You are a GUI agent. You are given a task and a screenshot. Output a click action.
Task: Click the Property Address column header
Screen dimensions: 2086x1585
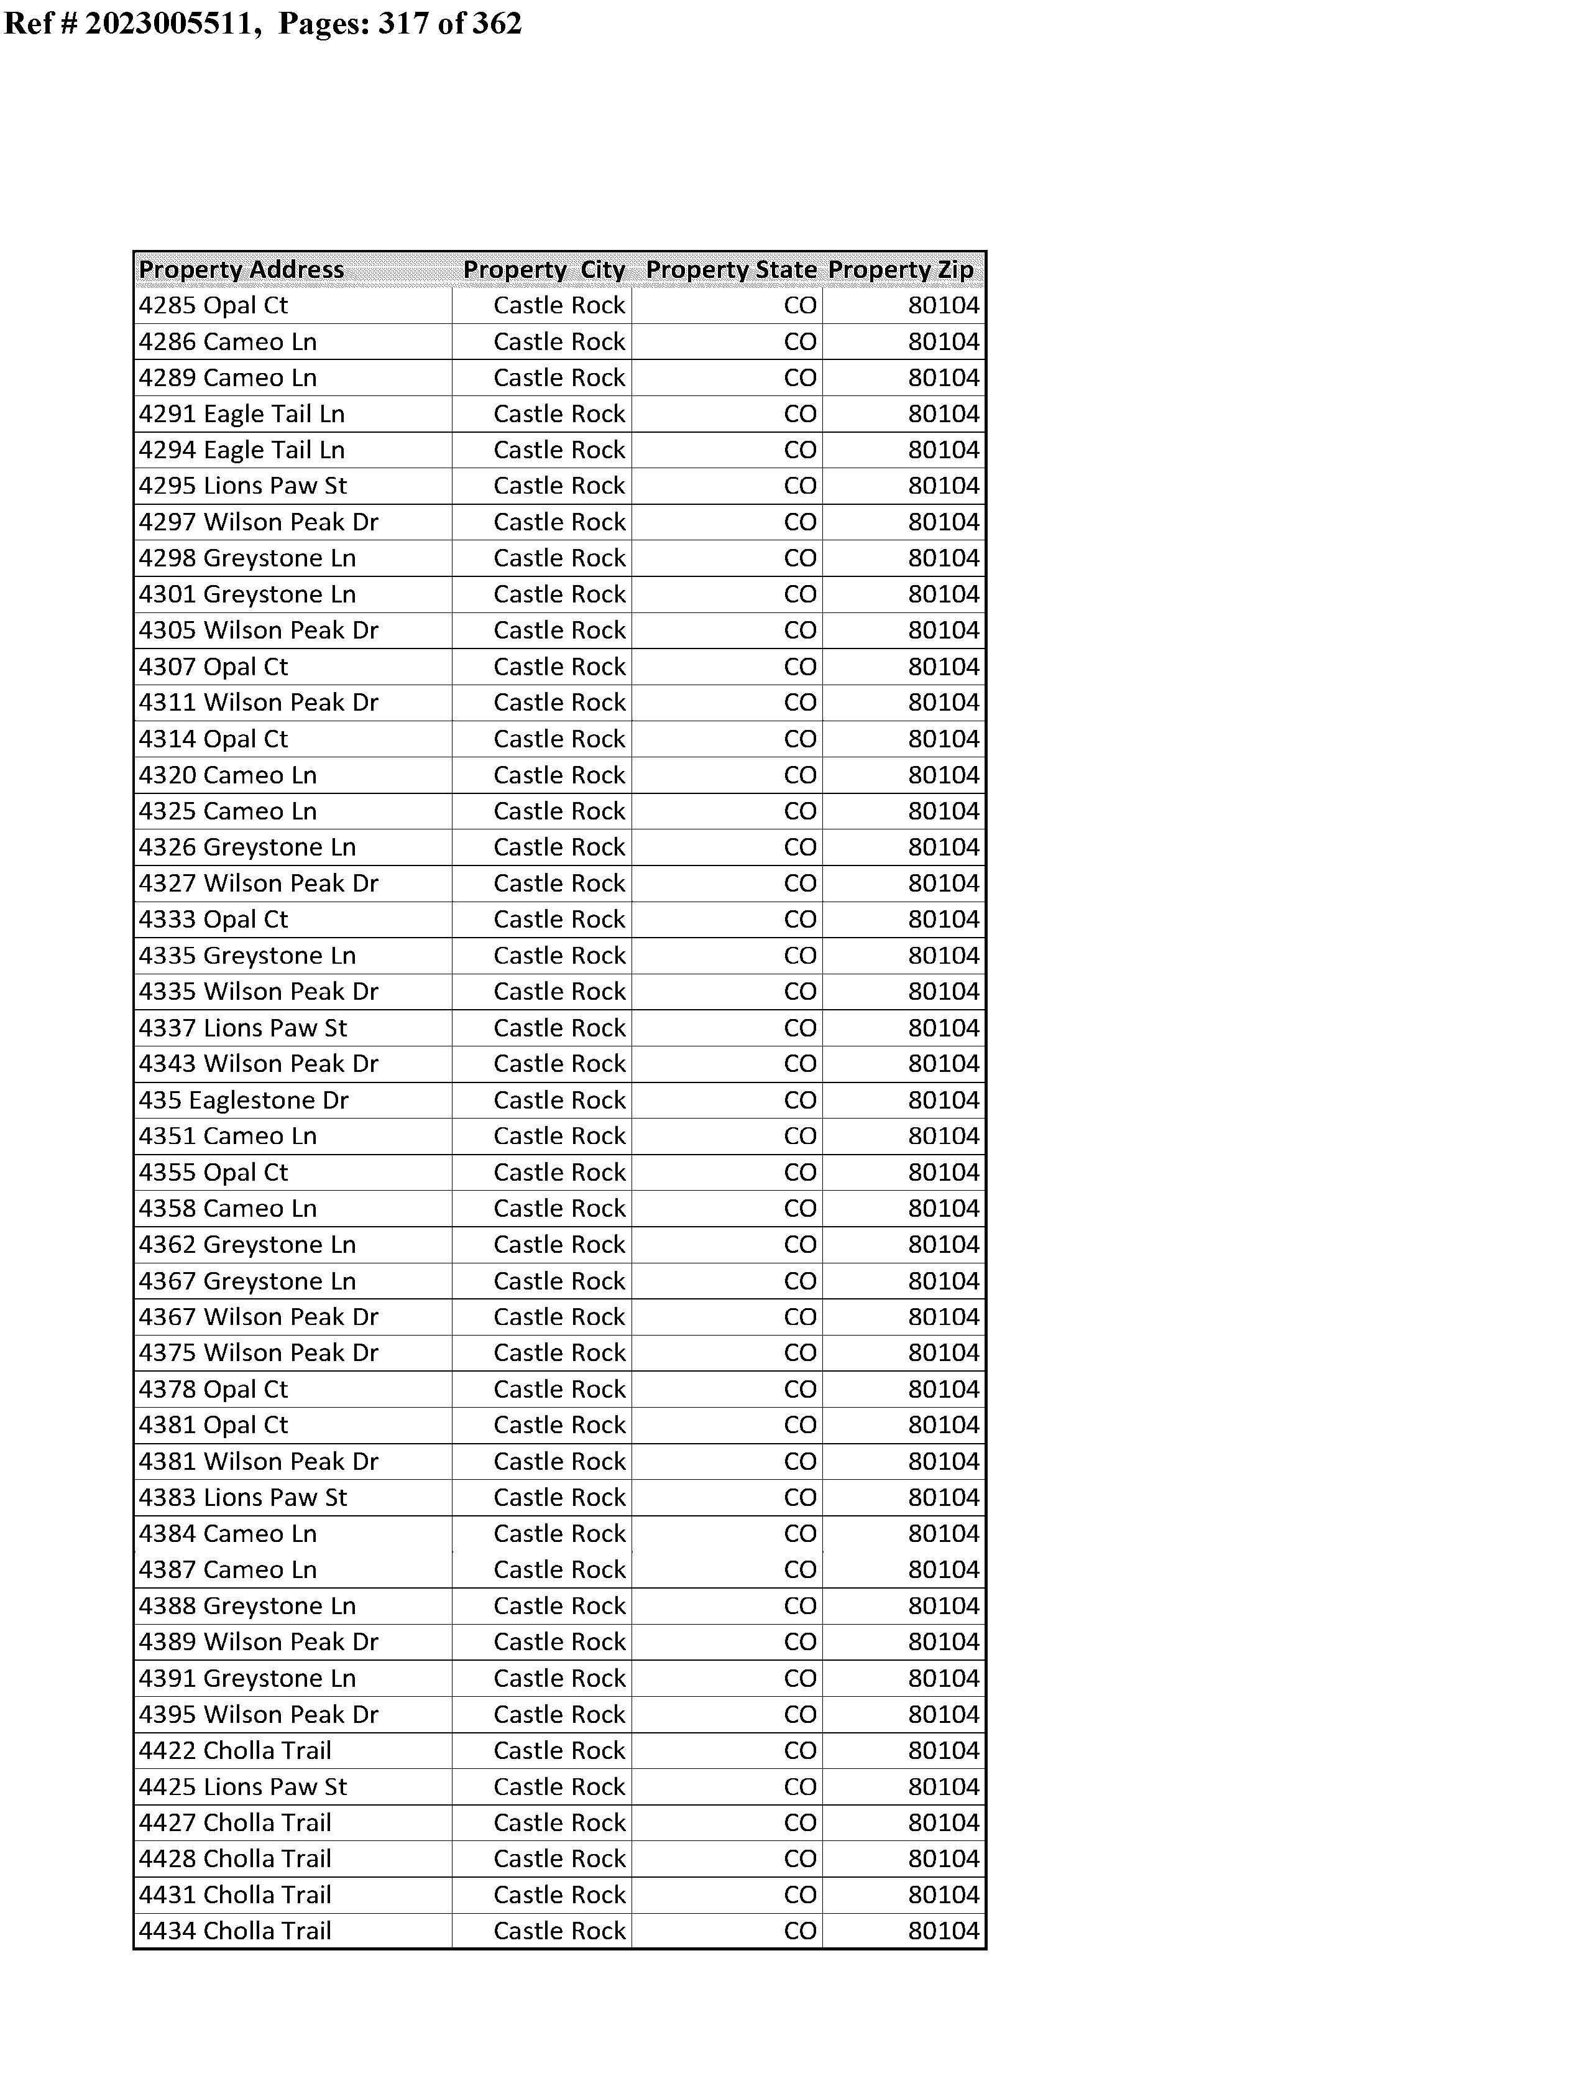coord(242,270)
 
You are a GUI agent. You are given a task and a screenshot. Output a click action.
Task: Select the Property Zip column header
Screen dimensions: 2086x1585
coord(901,270)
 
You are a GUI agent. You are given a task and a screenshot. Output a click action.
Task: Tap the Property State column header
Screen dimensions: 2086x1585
coord(731,270)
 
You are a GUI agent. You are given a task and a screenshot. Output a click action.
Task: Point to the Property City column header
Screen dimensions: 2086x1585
coord(544,270)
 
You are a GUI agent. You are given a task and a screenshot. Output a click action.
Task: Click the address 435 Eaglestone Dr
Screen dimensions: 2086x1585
coord(244,1100)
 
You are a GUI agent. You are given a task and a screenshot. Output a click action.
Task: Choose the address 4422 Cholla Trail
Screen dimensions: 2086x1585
coord(235,1750)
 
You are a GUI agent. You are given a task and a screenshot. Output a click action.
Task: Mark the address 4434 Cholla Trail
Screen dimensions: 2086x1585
coord(235,1931)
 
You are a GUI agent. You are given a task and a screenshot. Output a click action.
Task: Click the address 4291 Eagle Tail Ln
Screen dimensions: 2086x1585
coord(242,414)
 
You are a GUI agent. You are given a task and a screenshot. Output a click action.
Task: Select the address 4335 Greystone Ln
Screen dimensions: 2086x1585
coord(247,956)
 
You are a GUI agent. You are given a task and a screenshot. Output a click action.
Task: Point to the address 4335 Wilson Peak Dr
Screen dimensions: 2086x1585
coord(259,992)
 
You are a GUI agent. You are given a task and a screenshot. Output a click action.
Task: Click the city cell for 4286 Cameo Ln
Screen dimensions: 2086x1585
coord(559,341)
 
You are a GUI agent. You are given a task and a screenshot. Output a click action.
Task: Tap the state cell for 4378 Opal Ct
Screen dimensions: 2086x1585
coord(800,1389)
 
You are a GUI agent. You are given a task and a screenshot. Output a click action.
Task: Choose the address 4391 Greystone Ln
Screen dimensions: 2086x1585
coord(247,1678)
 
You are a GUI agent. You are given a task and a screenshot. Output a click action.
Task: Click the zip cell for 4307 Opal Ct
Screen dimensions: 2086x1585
coord(944,667)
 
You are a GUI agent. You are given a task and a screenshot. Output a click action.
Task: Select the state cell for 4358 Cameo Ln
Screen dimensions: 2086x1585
coord(800,1209)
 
